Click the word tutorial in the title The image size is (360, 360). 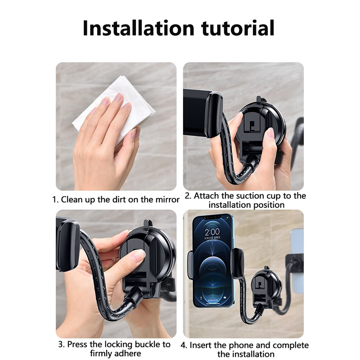pos(238,28)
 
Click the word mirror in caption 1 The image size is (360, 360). pos(167,199)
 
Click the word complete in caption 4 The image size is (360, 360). pos(291,345)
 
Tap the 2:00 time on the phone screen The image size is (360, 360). pos(212,232)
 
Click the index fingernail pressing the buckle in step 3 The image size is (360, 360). pos(139,254)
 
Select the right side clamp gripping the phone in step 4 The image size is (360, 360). pos(237,263)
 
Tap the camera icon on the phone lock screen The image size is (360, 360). pos(225,297)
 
